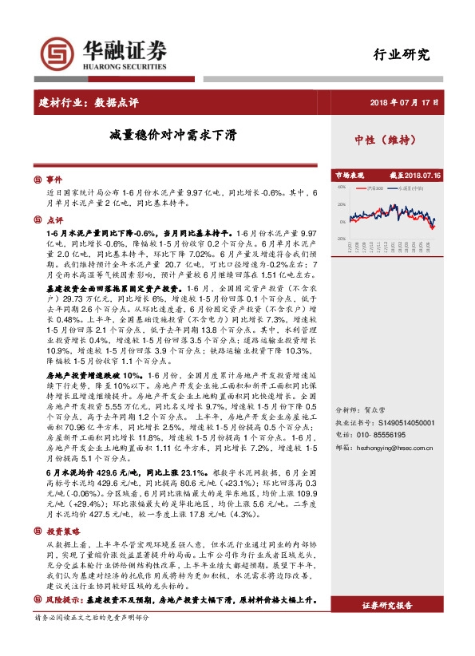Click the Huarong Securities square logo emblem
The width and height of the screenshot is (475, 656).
click(x=58, y=55)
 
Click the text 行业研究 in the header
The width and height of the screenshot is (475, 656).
click(x=402, y=55)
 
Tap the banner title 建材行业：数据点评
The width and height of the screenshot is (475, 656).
click(x=89, y=103)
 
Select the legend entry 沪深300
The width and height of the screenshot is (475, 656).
click(x=374, y=188)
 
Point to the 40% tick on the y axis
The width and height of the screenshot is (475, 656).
click(x=341, y=188)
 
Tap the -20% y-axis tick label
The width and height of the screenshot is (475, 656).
click(x=340, y=239)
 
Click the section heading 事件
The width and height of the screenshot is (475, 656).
click(x=53, y=180)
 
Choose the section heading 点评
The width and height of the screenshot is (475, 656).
click(x=53, y=219)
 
